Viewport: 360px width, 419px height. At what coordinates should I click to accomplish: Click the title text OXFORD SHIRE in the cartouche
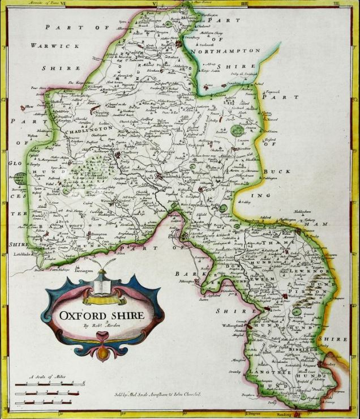[x=102, y=314]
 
